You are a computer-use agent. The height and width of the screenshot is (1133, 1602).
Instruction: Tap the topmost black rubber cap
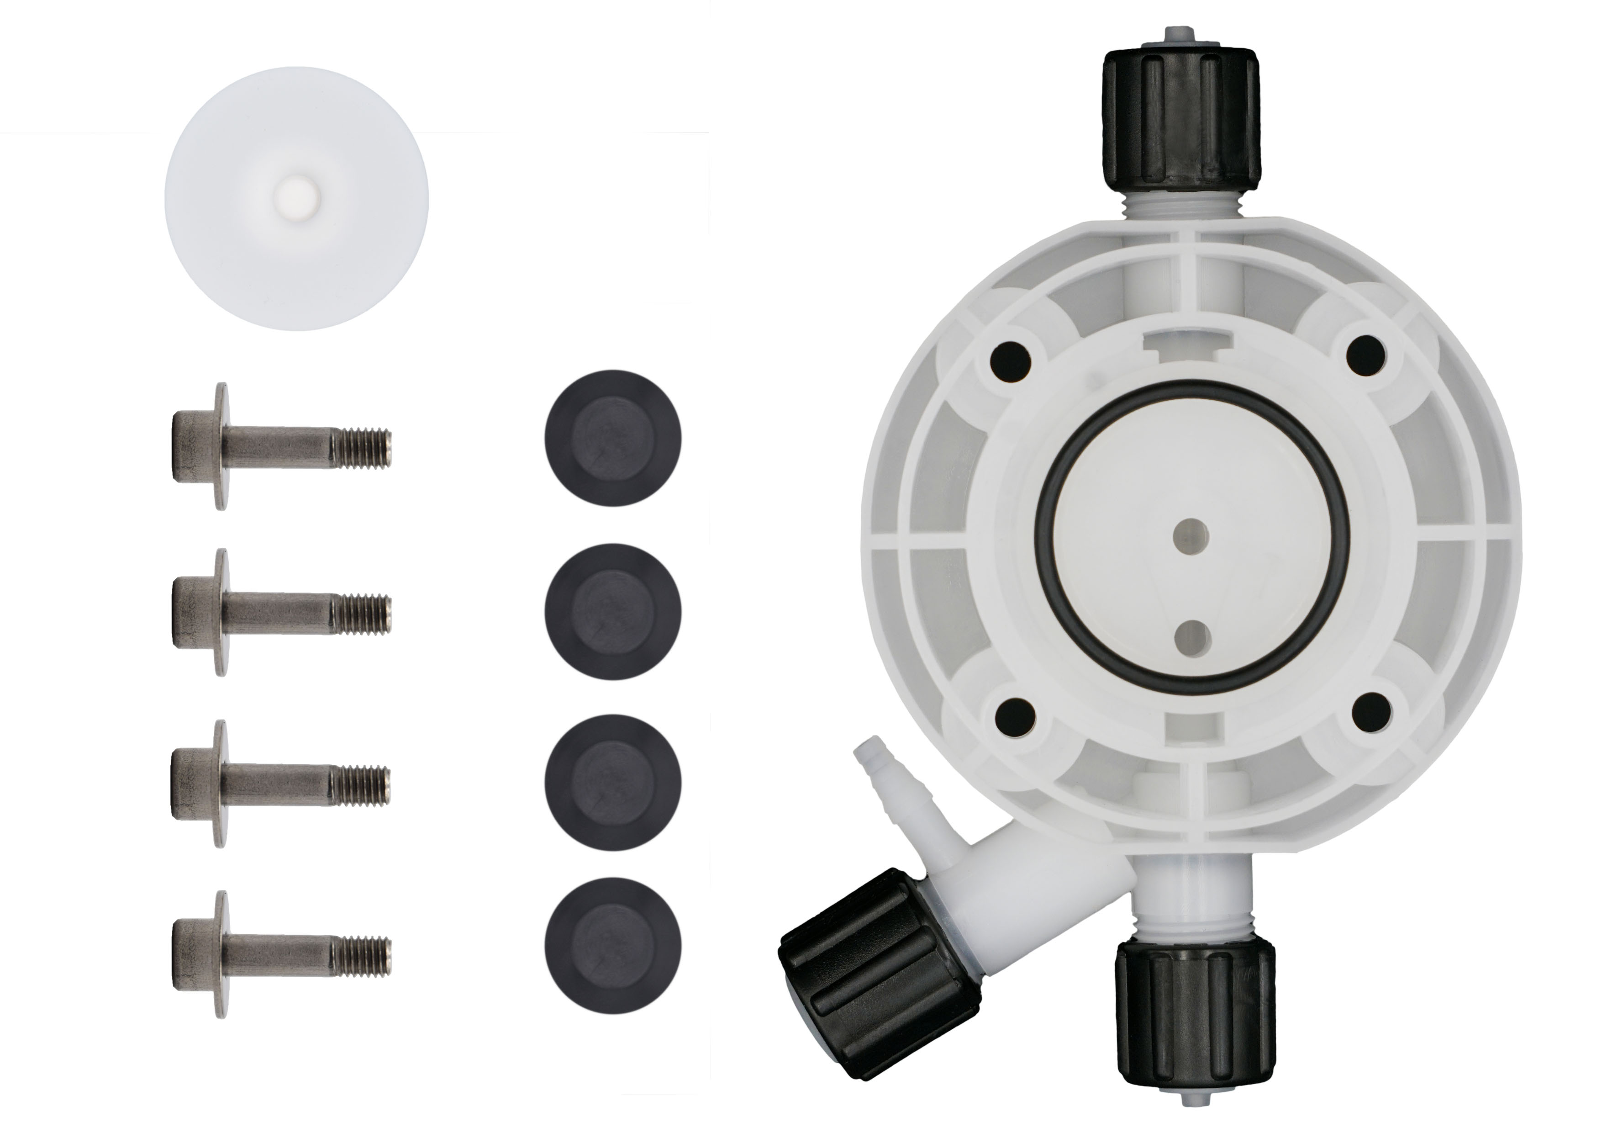point(612,437)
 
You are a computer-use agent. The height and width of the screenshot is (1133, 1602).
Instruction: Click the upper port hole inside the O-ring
point(1191,535)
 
